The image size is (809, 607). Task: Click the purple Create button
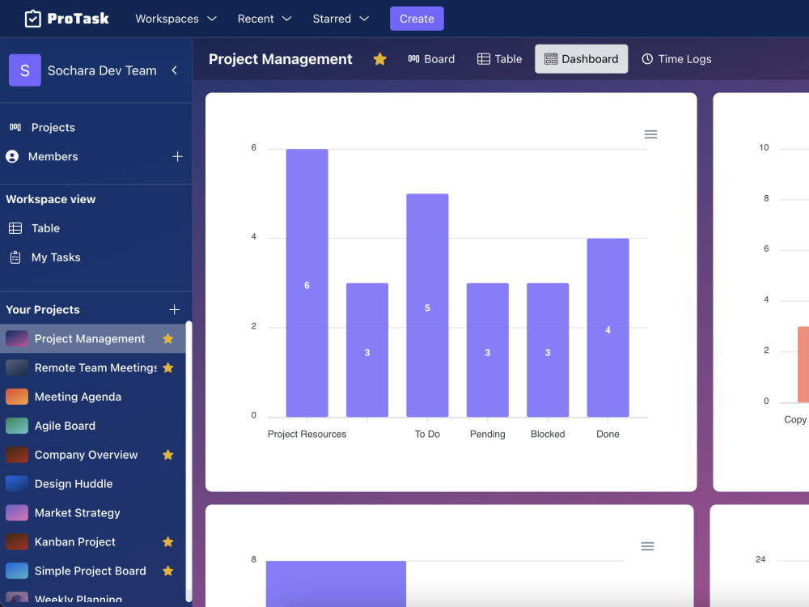coord(417,19)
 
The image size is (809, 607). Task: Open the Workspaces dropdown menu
coord(176,19)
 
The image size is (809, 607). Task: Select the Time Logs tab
coord(676,59)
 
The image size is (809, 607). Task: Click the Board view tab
coord(431,59)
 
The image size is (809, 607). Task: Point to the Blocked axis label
coord(548,435)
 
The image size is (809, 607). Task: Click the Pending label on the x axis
coord(487,435)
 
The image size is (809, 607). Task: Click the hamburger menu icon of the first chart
coord(650,134)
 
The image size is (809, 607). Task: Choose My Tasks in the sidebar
coord(56,257)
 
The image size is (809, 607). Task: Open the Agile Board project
coord(65,426)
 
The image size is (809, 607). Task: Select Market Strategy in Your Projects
coord(77,513)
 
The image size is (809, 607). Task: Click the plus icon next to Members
coord(178,157)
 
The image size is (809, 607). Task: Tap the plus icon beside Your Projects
coord(174,310)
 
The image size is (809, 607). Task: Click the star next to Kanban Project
coord(167,542)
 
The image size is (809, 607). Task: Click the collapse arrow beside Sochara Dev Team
coord(174,70)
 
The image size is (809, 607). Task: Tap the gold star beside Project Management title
coord(379,59)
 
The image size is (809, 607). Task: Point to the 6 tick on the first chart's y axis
coord(254,148)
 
